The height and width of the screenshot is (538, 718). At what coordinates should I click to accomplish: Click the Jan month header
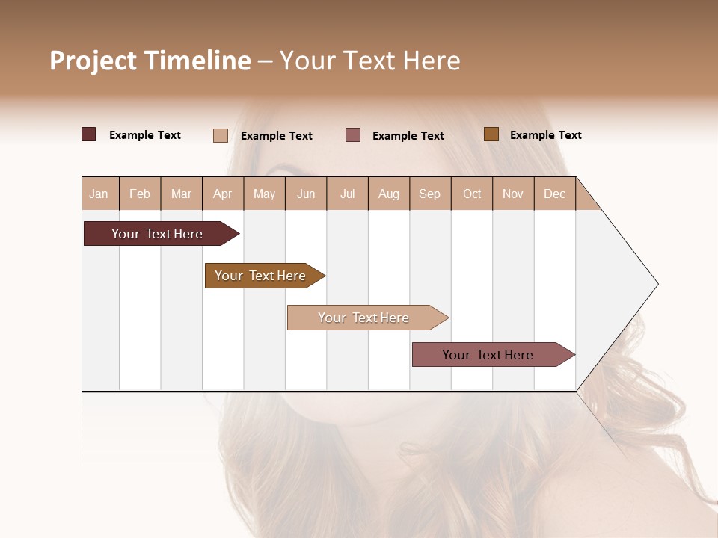click(x=99, y=194)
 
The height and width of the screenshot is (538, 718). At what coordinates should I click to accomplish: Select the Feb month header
click(x=140, y=194)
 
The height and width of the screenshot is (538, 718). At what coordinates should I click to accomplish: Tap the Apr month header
click(x=222, y=194)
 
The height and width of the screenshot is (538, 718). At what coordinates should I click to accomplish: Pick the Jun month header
click(x=306, y=194)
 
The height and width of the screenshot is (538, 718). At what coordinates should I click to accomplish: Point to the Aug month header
click(x=388, y=194)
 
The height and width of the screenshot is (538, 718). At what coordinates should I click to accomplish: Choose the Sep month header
click(x=429, y=194)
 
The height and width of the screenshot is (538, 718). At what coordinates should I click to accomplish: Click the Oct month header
click(x=472, y=194)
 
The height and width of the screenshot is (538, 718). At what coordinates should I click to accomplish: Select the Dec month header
click(x=554, y=194)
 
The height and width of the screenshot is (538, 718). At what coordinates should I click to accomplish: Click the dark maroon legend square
click(x=89, y=134)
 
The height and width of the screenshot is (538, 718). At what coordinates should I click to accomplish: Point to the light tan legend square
click(x=221, y=135)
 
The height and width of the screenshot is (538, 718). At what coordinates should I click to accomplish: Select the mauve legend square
click(x=353, y=135)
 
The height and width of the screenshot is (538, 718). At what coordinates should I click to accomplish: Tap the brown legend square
click(x=491, y=134)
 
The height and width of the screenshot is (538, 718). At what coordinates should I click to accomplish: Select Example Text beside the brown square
click(x=545, y=135)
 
